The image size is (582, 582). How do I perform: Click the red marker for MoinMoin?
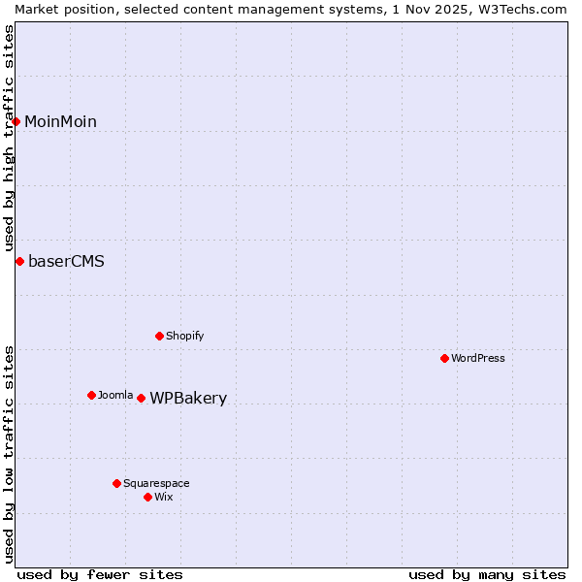coord(16,121)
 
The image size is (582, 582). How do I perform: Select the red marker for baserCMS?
coord(19,261)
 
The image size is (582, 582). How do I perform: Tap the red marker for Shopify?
coord(159,336)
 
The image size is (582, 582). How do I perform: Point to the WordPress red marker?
coord(444,358)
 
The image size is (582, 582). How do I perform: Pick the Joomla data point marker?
coord(91,395)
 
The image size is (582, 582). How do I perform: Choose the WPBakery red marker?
coord(141,398)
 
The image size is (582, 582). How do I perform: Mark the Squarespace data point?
coord(116,483)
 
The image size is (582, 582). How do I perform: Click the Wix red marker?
coord(147,497)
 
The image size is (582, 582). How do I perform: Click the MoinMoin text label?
coord(60,121)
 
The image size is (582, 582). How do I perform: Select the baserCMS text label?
coord(66,261)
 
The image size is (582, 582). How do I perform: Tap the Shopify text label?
coord(184,336)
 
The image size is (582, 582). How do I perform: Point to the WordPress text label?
coord(478,358)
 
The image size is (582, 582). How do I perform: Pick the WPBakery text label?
coord(188,398)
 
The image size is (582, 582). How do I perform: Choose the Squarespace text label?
coord(156,483)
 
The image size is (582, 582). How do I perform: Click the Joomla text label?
coord(115,395)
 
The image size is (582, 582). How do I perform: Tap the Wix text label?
coord(163,497)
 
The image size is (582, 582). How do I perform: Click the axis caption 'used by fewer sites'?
coord(100,574)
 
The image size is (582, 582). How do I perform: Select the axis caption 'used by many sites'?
coord(487,574)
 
